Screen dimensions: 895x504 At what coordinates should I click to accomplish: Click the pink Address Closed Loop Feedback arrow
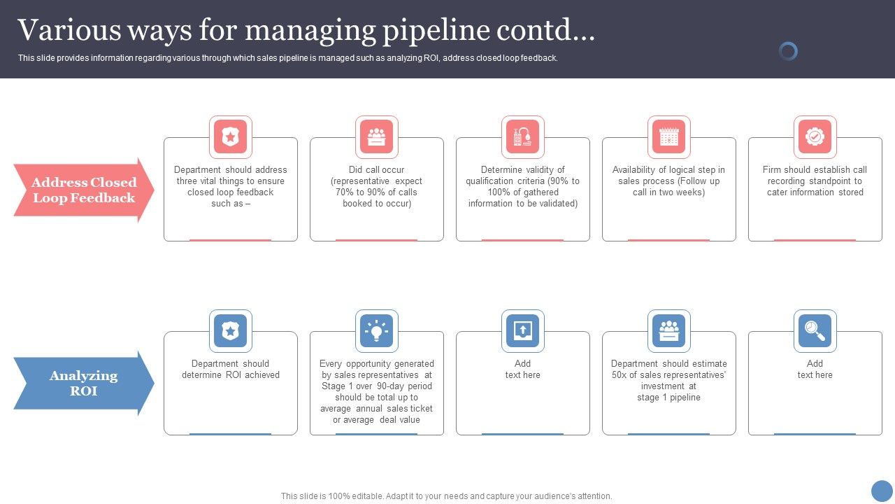[83, 190]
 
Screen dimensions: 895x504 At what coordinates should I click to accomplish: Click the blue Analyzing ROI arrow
[83, 384]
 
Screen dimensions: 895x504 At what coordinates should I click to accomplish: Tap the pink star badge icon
[231, 137]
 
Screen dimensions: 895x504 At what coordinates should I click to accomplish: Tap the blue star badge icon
[231, 331]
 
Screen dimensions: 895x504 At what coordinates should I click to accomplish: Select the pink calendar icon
[669, 137]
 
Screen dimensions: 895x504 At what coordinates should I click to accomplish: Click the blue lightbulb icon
[377, 331]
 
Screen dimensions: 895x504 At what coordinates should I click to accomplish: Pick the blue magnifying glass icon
[815, 331]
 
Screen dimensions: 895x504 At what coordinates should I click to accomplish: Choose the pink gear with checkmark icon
[815, 137]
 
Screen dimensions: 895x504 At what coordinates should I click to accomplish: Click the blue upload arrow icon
[523, 331]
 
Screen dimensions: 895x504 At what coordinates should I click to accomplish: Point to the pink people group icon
[377, 137]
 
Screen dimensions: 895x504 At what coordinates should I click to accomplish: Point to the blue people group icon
[669, 331]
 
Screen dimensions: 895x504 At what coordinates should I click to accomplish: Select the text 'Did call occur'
[377, 170]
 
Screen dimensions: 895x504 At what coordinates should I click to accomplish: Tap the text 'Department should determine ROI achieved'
[231, 370]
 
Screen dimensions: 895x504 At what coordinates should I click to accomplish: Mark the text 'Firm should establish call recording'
[815, 175]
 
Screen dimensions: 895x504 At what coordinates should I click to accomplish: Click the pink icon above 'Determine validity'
[523, 137]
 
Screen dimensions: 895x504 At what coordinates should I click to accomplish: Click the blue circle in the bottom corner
[882, 491]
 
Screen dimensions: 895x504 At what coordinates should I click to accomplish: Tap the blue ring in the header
[788, 51]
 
